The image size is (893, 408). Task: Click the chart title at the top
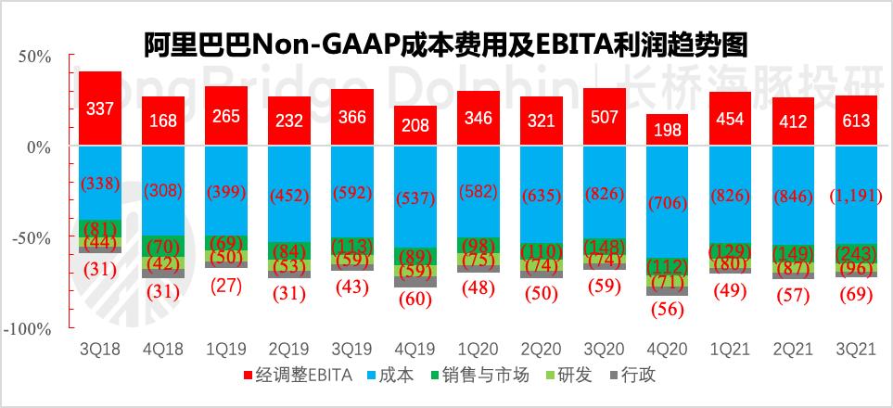[446, 45]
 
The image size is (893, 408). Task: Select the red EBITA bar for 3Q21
[856, 121]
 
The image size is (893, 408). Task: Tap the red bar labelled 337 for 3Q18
[99, 108]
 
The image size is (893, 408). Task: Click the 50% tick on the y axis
[33, 57]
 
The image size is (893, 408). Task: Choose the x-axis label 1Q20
[478, 349]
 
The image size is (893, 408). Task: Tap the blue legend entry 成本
[389, 376]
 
